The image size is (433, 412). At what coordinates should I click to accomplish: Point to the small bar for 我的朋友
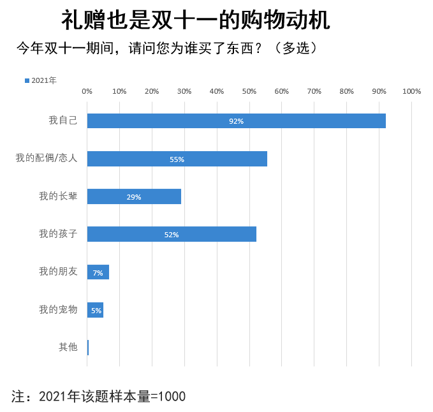98,272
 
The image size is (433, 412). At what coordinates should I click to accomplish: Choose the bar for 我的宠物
95,310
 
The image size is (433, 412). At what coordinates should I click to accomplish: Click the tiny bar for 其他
88,348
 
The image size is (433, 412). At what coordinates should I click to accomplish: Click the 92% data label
237,121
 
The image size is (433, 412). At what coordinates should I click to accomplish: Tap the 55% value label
177,159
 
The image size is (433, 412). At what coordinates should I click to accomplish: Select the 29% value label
134,197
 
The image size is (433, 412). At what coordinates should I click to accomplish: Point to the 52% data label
172,235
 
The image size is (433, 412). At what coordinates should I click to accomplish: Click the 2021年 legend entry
41,80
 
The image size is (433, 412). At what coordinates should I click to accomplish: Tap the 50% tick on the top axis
249,91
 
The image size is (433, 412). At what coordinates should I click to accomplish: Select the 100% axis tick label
411,91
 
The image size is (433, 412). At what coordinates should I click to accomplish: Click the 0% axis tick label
87,91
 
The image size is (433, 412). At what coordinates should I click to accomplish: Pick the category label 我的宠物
58,310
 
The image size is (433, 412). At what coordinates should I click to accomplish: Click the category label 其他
68,348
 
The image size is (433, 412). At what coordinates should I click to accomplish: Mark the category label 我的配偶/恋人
47,158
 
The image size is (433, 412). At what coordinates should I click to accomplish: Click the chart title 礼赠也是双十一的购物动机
196,20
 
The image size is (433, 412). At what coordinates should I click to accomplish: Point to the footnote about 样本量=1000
99,396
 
